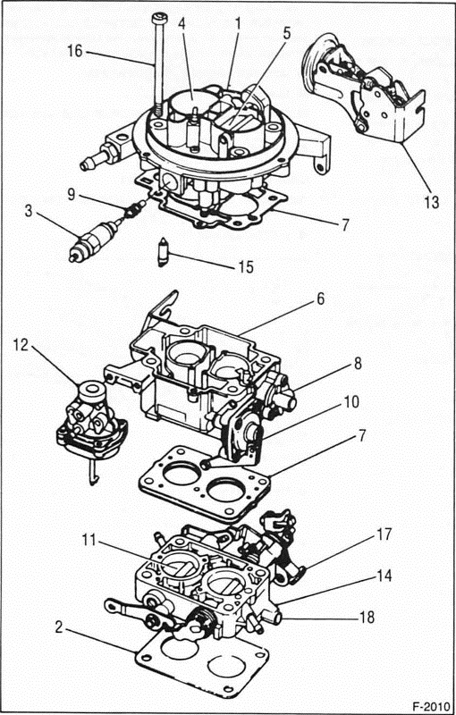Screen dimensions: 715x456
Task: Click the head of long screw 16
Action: coord(159,19)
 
